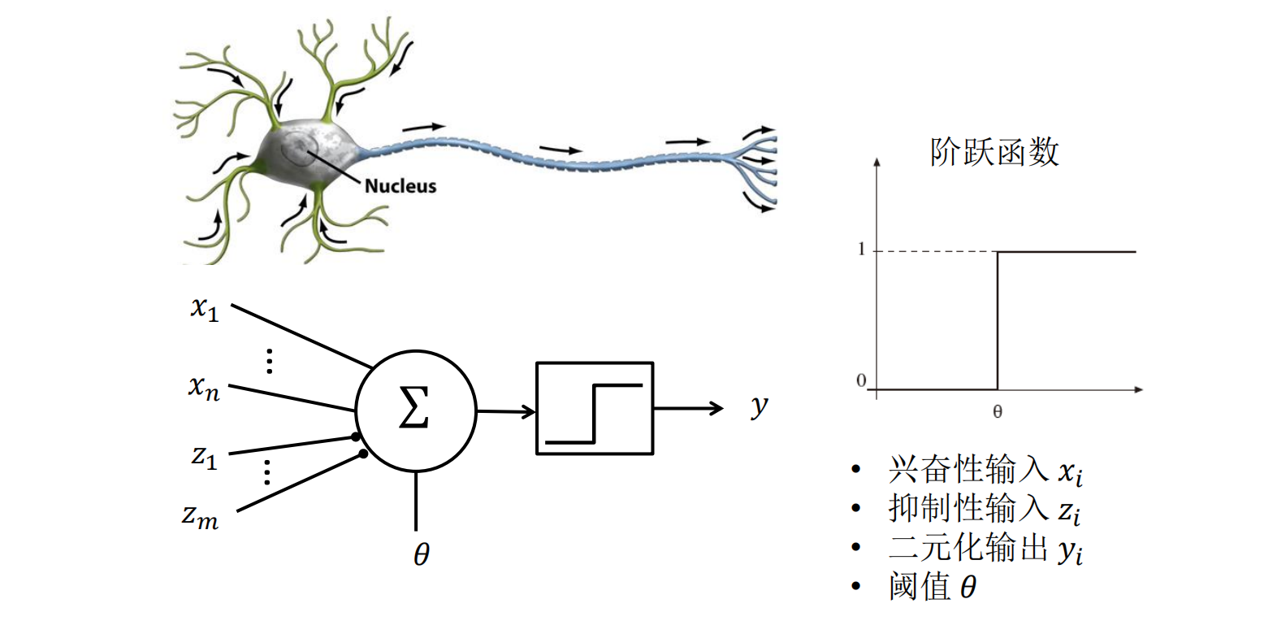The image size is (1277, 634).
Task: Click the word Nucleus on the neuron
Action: pos(400,186)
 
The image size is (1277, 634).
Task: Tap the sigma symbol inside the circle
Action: pos(413,408)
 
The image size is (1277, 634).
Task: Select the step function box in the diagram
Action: pos(595,408)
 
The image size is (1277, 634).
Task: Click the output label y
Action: pos(759,405)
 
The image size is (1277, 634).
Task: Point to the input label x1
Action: pos(205,309)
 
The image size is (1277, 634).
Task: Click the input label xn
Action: pos(204,387)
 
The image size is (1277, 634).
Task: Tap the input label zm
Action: pos(200,517)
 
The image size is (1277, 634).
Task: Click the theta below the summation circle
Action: pos(421,555)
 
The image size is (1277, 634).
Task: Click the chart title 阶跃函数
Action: pos(994,152)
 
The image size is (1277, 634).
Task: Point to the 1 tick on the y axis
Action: pos(861,250)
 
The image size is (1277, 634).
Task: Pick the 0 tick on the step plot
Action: pos(861,380)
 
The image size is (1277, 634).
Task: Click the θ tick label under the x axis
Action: pos(998,412)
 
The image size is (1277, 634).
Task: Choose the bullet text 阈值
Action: pos(920,586)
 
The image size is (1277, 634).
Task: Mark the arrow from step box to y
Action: pos(687,408)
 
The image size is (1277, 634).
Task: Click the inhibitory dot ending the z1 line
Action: pos(356,437)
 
